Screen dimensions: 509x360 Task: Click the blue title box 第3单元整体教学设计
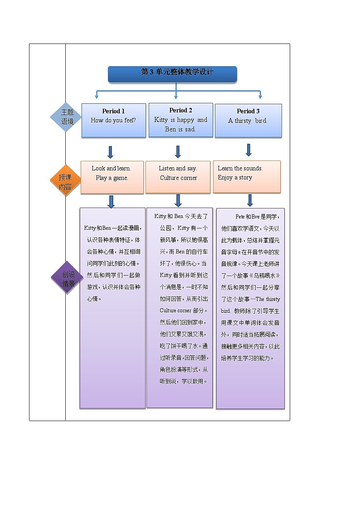click(172, 74)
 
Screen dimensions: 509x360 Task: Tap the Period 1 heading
click(113, 111)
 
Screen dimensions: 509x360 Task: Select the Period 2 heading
click(180, 110)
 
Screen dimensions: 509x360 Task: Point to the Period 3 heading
click(248, 111)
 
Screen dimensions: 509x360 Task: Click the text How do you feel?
click(113, 121)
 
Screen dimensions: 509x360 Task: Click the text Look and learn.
click(111, 168)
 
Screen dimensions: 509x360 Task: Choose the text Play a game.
click(112, 178)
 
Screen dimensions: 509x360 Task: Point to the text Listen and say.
click(178, 168)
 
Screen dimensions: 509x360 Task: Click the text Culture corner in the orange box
click(178, 178)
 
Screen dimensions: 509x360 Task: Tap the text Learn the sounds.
click(240, 168)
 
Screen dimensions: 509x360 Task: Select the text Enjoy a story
click(234, 178)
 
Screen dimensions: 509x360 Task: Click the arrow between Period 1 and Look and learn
click(110, 152)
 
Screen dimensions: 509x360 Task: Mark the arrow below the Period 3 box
click(248, 150)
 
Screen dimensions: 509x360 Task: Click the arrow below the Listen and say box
click(178, 200)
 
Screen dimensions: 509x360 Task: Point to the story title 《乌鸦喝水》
click(267, 276)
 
